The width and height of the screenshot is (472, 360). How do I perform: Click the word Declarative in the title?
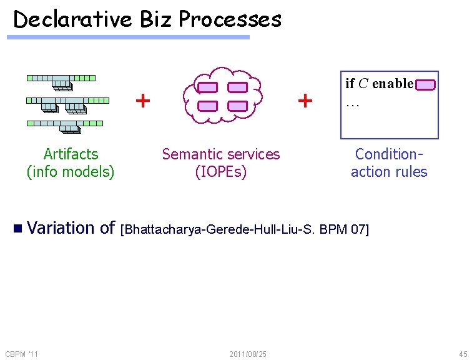click(x=72, y=20)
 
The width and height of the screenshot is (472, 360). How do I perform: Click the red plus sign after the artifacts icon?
click(x=143, y=100)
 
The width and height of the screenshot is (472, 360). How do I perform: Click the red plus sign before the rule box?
click(x=305, y=100)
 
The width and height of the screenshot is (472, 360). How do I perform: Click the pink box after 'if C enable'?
click(x=426, y=85)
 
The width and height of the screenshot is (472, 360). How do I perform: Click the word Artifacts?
click(x=71, y=154)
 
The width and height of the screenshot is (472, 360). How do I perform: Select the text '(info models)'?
click(x=71, y=171)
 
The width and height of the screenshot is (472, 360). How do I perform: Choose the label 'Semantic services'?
click(x=221, y=154)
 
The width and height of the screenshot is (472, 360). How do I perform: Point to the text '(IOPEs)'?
click(x=221, y=171)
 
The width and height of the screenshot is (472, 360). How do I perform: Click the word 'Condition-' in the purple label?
click(x=389, y=154)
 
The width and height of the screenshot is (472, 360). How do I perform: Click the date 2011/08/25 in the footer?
click(x=248, y=354)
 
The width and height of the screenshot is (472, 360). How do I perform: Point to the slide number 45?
click(x=462, y=354)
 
